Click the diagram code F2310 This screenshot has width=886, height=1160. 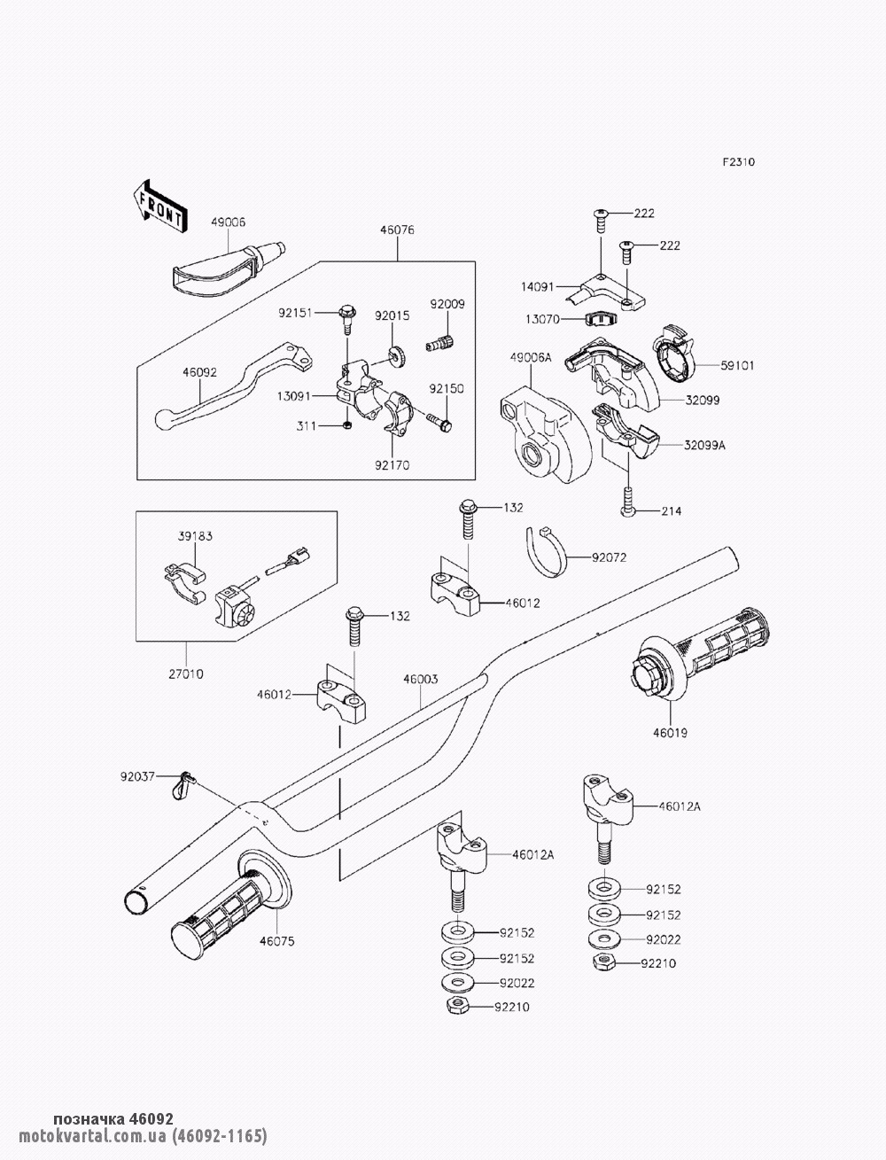738,163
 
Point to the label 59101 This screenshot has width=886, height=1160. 737,365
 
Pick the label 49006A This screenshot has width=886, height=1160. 531,357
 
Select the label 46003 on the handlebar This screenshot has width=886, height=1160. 420,680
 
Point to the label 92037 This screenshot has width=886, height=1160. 138,776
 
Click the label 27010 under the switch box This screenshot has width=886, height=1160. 186,673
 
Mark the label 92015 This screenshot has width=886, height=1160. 391,315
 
